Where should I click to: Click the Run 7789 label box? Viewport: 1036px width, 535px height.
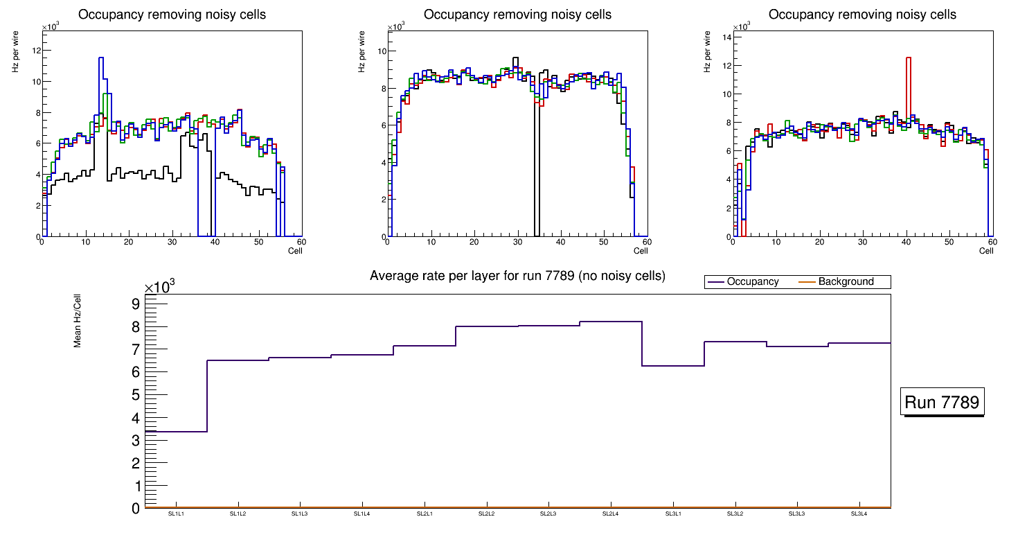point(942,403)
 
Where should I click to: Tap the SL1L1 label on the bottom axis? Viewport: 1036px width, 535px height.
point(176,514)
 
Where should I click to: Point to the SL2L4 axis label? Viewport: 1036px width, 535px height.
point(610,514)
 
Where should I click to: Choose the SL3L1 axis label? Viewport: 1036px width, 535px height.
point(672,514)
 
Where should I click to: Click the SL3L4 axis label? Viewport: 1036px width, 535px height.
point(859,514)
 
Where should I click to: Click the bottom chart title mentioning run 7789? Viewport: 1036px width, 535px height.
point(517,276)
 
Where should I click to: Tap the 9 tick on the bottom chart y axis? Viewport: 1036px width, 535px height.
point(136,304)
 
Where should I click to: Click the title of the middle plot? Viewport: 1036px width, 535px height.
point(517,15)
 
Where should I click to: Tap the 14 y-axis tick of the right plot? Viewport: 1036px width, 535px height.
point(727,37)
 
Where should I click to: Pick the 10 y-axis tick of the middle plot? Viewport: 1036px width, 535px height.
point(381,51)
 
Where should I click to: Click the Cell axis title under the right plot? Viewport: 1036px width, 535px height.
point(987,250)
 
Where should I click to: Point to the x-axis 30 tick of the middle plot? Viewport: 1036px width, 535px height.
point(517,242)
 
